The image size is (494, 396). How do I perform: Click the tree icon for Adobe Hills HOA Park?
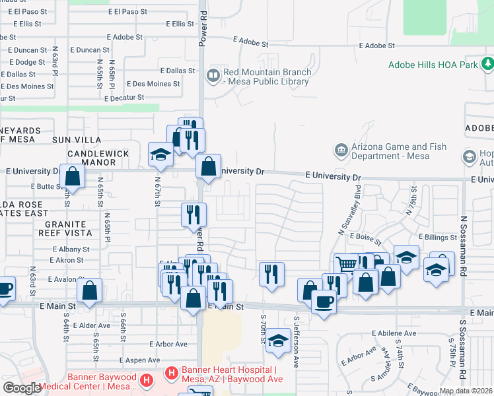(487, 64)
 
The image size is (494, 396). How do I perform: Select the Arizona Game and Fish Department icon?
(341, 151)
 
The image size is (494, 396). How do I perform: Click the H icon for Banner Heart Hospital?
(171, 374)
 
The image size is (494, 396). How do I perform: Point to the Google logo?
(22, 388)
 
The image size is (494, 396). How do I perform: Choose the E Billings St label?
(437, 237)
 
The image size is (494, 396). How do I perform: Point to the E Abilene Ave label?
(394, 333)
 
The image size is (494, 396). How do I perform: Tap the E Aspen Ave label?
(140, 360)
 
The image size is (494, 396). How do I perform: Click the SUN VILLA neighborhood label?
(77, 140)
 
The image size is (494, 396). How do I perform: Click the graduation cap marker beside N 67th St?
(160, 154)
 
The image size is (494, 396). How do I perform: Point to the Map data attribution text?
(466, 391)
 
